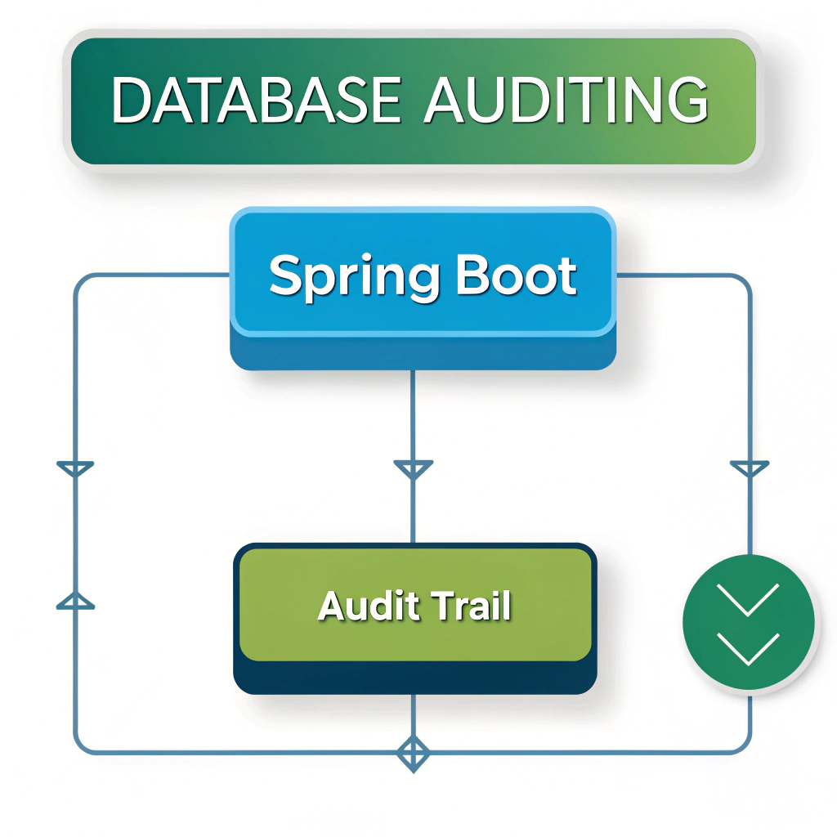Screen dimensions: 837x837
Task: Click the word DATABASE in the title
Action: [256, 101]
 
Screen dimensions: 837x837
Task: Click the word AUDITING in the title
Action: [566, 101]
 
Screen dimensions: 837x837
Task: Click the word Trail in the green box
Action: [472, 606]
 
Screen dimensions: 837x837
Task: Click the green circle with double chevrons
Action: [748, 620]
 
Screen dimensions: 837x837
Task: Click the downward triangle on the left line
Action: [75, 469]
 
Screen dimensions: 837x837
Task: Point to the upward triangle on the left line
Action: [75, 602]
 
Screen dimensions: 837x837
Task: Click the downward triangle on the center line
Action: [413, 469]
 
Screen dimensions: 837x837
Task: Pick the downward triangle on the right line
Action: [749, 469]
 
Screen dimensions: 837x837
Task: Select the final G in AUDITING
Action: [684, 101]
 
